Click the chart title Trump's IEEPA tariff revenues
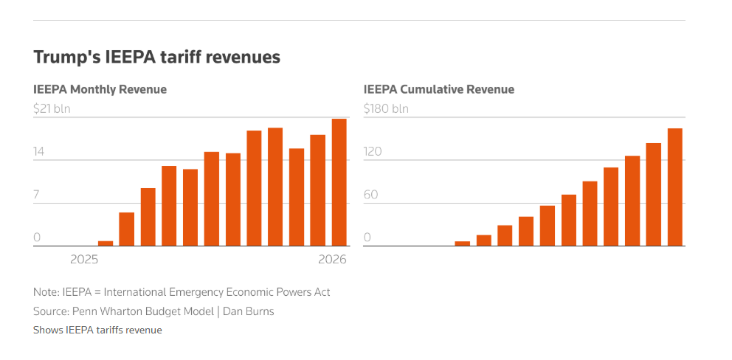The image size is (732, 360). tap(156, 57)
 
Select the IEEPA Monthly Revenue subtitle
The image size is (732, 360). tap(100, 89)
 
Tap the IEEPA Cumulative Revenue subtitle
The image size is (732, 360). tap(438, 89)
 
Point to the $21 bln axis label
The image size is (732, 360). tap(51, 108)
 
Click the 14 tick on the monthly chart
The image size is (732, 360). tap(39, 152)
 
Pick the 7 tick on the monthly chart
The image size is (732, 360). tap(38, 195)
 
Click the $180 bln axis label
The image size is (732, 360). tap(385, 108)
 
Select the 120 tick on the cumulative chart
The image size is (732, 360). tap(373, 152)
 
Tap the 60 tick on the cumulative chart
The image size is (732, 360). tap(370, 195)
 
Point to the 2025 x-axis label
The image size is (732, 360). tap(84, 259)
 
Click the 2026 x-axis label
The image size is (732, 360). tap(332, 259)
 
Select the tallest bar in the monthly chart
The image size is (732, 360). tap(339, 182)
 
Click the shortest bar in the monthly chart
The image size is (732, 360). tap(106, 243)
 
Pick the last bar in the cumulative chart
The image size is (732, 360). tap(674, 187)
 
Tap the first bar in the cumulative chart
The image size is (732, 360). tap(462, 243)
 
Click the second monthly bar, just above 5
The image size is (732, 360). tap(127, 229)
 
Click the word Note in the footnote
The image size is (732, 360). tap(45, 292)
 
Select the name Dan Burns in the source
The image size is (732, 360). tap(249, 311)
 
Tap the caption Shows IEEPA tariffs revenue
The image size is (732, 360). tap(97, 330)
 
